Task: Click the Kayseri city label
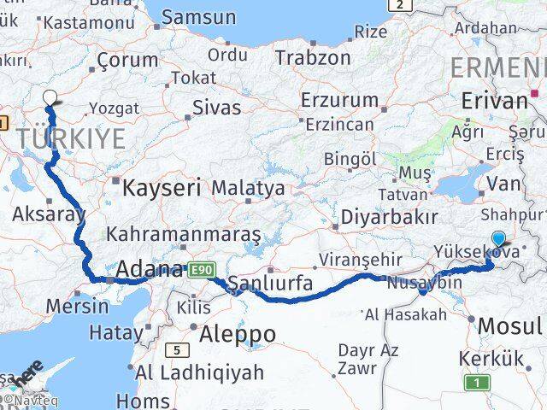click(x=162, y=187)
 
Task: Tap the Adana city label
click(x=150, y=270)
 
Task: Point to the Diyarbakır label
click(x=389, y=218)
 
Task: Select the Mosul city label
click(x=509, y=325)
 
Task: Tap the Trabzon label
click(x=313, y=58)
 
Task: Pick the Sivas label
click(x=216, y=108)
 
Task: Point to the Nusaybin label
click(x=425, y=282)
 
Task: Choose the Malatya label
click(x=248, y=187)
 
